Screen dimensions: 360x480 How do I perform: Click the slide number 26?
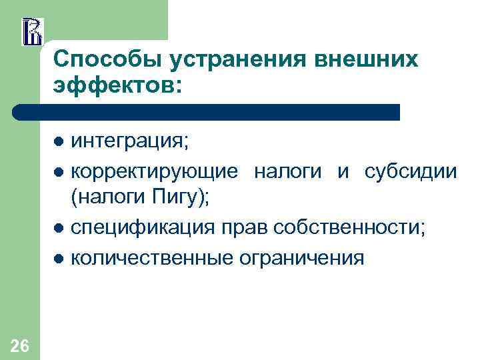click(20, 345)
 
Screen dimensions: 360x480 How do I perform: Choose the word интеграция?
click(130, 141)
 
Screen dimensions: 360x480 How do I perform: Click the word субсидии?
click(410, 171)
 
